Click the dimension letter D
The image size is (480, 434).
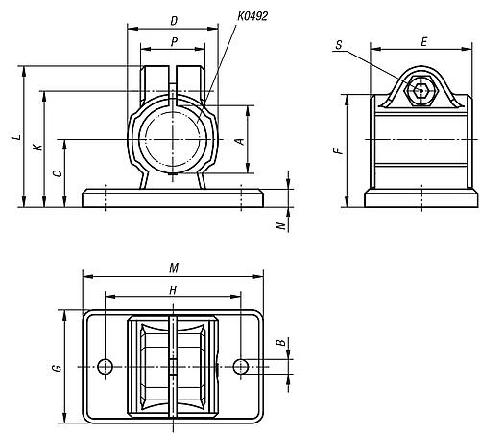tap(173, 20)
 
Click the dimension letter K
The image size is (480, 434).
tap(36, 148)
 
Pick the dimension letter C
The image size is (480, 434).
tap(58, 173)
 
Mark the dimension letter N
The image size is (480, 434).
tap(280, 226)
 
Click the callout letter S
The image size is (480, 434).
tap(341, 44)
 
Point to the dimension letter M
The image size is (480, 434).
tap(174, 267)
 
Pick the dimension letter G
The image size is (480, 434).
tap(57, 367)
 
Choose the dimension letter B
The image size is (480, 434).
tap(279, 341)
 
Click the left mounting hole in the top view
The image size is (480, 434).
tap(106, 366)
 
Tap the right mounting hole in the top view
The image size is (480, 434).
tap(241, 366)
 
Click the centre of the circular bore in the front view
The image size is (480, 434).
tap(173, 140)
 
